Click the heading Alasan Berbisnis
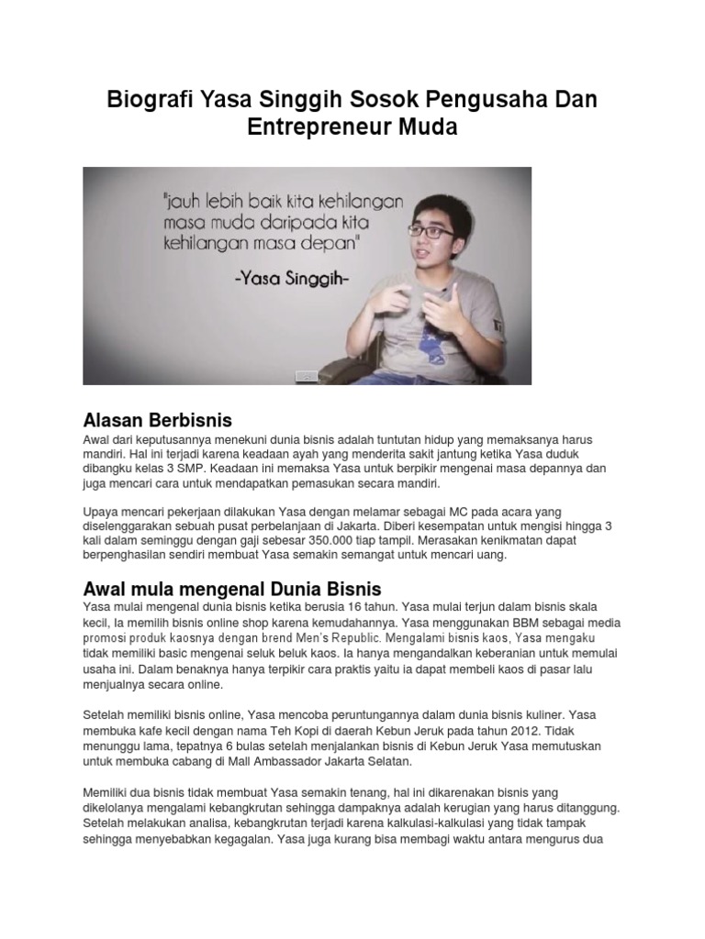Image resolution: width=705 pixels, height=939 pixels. pos(157,420)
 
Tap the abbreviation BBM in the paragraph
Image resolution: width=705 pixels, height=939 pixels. pos(488,620)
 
